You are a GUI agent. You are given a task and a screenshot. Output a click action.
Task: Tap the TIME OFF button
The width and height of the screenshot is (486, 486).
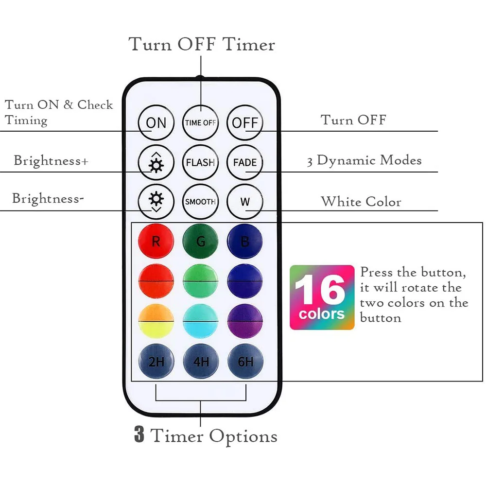click(200, 122)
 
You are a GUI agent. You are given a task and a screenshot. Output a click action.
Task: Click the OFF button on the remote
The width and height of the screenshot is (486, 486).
click(244, 122)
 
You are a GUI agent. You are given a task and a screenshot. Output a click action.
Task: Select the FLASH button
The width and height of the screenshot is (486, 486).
click(200, 162)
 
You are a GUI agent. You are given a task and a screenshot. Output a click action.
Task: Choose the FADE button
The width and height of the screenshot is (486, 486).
click(244, 162)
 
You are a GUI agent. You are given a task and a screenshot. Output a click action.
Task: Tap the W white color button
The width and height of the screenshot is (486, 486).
click(244, 202)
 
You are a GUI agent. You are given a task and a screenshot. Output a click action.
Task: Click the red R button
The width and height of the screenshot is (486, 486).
click(156, 242)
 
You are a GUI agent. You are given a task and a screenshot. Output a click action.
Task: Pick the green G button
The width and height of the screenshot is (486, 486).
click(200, 242)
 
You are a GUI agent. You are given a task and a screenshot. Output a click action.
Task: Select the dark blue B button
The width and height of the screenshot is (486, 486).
click(244, 242)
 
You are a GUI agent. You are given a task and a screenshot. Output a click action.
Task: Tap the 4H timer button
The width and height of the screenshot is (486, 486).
click(200, 362)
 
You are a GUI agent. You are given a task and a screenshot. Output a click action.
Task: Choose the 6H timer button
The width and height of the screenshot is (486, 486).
click(245, 362)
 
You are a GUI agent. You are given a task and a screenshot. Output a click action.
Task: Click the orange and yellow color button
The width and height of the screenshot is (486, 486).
click(156, 321)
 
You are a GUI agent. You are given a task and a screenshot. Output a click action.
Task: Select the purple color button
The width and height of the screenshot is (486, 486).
click(244, 321)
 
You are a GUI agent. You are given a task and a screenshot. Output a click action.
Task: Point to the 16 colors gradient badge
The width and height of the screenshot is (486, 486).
click(322, 297)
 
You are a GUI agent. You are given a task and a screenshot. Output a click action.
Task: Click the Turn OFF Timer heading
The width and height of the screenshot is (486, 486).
click(202, 45)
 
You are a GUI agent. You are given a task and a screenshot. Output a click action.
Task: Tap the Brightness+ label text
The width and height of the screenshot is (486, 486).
click(51, 160)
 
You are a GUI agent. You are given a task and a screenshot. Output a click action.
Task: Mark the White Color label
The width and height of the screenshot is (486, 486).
click(361, 202)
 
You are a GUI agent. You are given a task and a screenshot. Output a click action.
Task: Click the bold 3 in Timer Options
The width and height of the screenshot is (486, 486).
click(139, 435)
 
